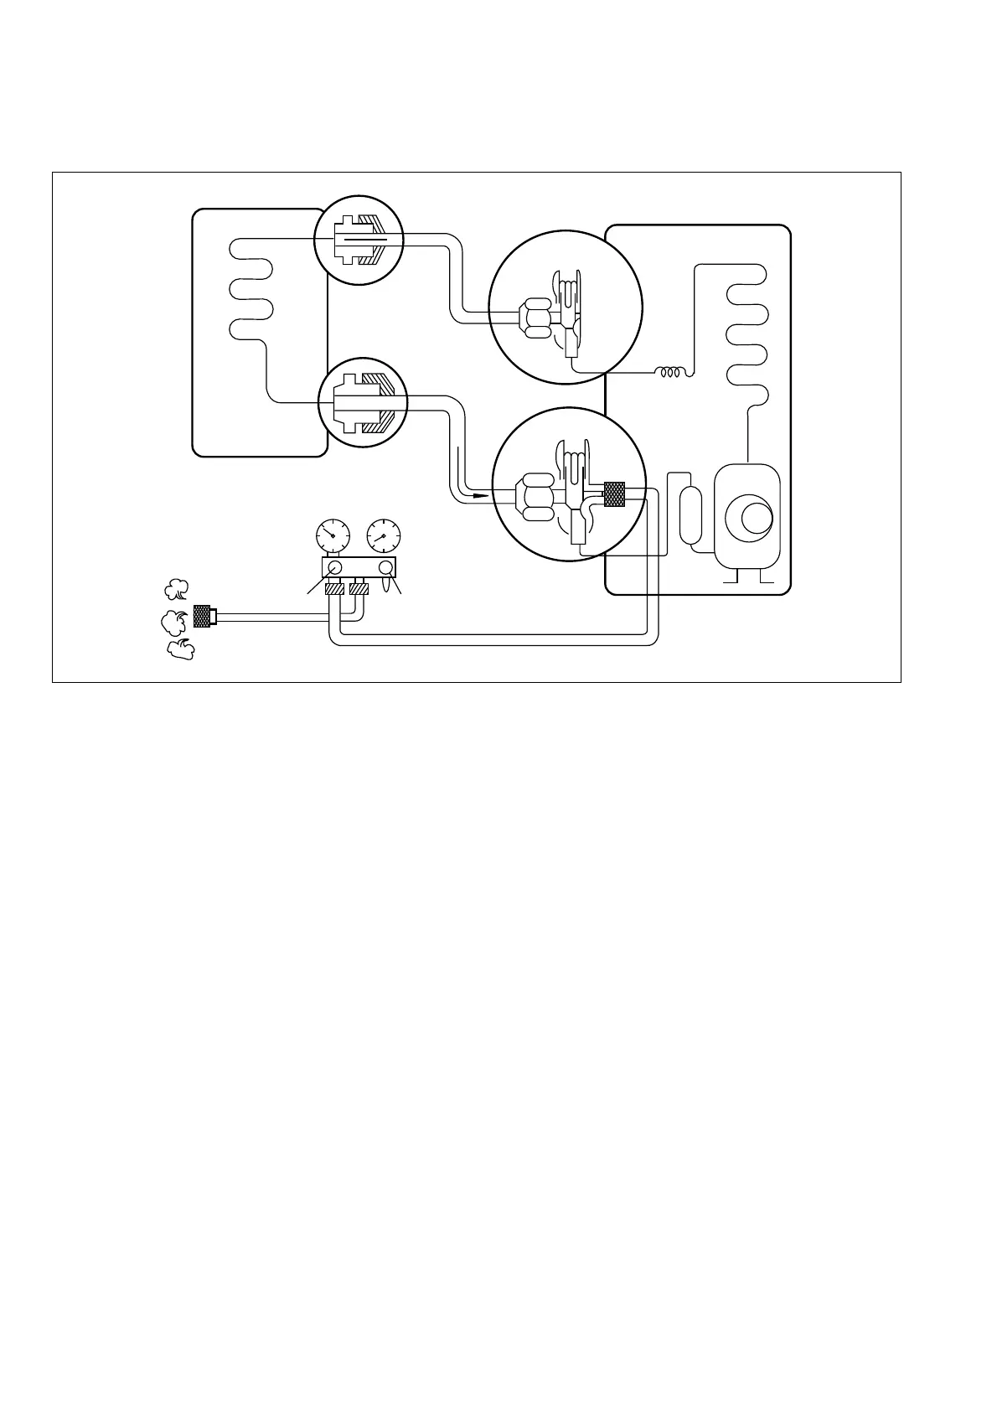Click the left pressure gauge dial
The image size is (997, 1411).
[333, 534]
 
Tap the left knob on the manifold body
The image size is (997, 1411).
[334, 568]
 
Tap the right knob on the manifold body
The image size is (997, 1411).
[386, 568]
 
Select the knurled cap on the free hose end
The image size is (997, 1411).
[202, 617]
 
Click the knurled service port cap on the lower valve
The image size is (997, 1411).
[615, 494]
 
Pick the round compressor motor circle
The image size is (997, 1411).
[748, 514]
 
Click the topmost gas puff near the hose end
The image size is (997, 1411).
[176, 590]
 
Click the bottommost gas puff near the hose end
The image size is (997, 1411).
[179, 649]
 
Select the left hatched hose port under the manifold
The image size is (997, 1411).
[333, 590]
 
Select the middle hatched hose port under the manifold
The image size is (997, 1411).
[359, 590]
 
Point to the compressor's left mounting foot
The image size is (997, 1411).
[730, 576]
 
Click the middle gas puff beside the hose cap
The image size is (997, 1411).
[173, 621]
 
